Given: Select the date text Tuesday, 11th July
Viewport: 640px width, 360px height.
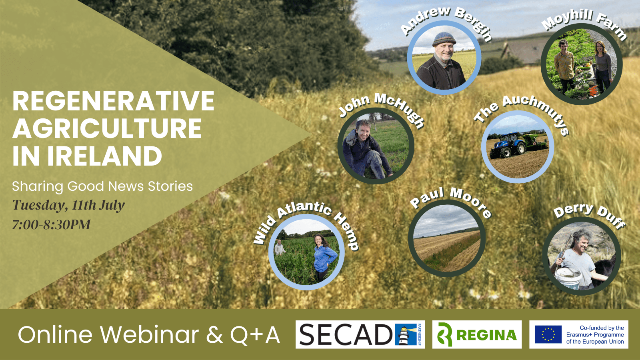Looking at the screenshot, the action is point(68,206).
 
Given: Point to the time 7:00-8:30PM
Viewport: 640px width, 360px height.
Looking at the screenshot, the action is point(51,224).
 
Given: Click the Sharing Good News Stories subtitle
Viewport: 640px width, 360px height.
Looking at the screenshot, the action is point(102,186).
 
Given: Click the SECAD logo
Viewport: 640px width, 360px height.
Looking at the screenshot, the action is point(360,334).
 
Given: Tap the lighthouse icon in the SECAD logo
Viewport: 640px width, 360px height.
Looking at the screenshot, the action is point(404,334).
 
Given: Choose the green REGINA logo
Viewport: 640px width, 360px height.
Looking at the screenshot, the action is point(477,334).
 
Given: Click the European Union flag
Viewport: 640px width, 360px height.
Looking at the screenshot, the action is point(548,334).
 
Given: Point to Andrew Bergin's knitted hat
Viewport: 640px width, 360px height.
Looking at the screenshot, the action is point(444,39).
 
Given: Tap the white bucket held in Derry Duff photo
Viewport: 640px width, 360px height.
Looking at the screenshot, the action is point(568,277).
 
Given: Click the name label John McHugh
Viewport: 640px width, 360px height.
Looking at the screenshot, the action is point(382,110).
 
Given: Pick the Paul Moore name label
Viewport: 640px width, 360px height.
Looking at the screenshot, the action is point(450,202).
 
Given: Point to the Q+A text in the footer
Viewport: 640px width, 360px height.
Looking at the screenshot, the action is point(255,335).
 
